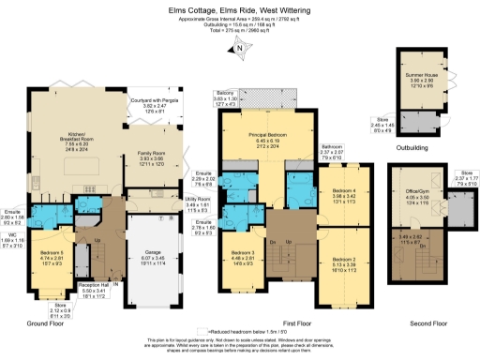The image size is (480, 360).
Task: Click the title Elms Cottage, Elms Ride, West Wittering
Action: pos(240,8)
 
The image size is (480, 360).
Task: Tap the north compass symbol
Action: pos(240,49)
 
